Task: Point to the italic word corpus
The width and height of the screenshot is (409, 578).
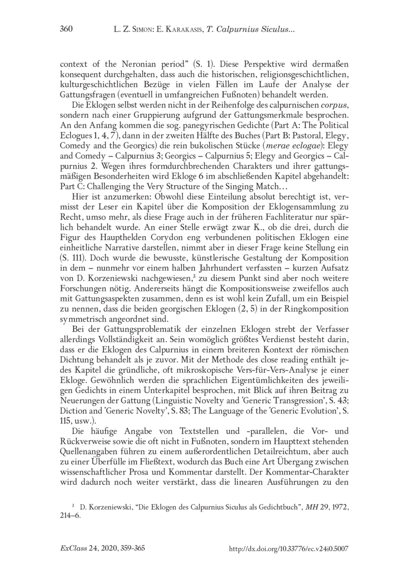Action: pos(337,105)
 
